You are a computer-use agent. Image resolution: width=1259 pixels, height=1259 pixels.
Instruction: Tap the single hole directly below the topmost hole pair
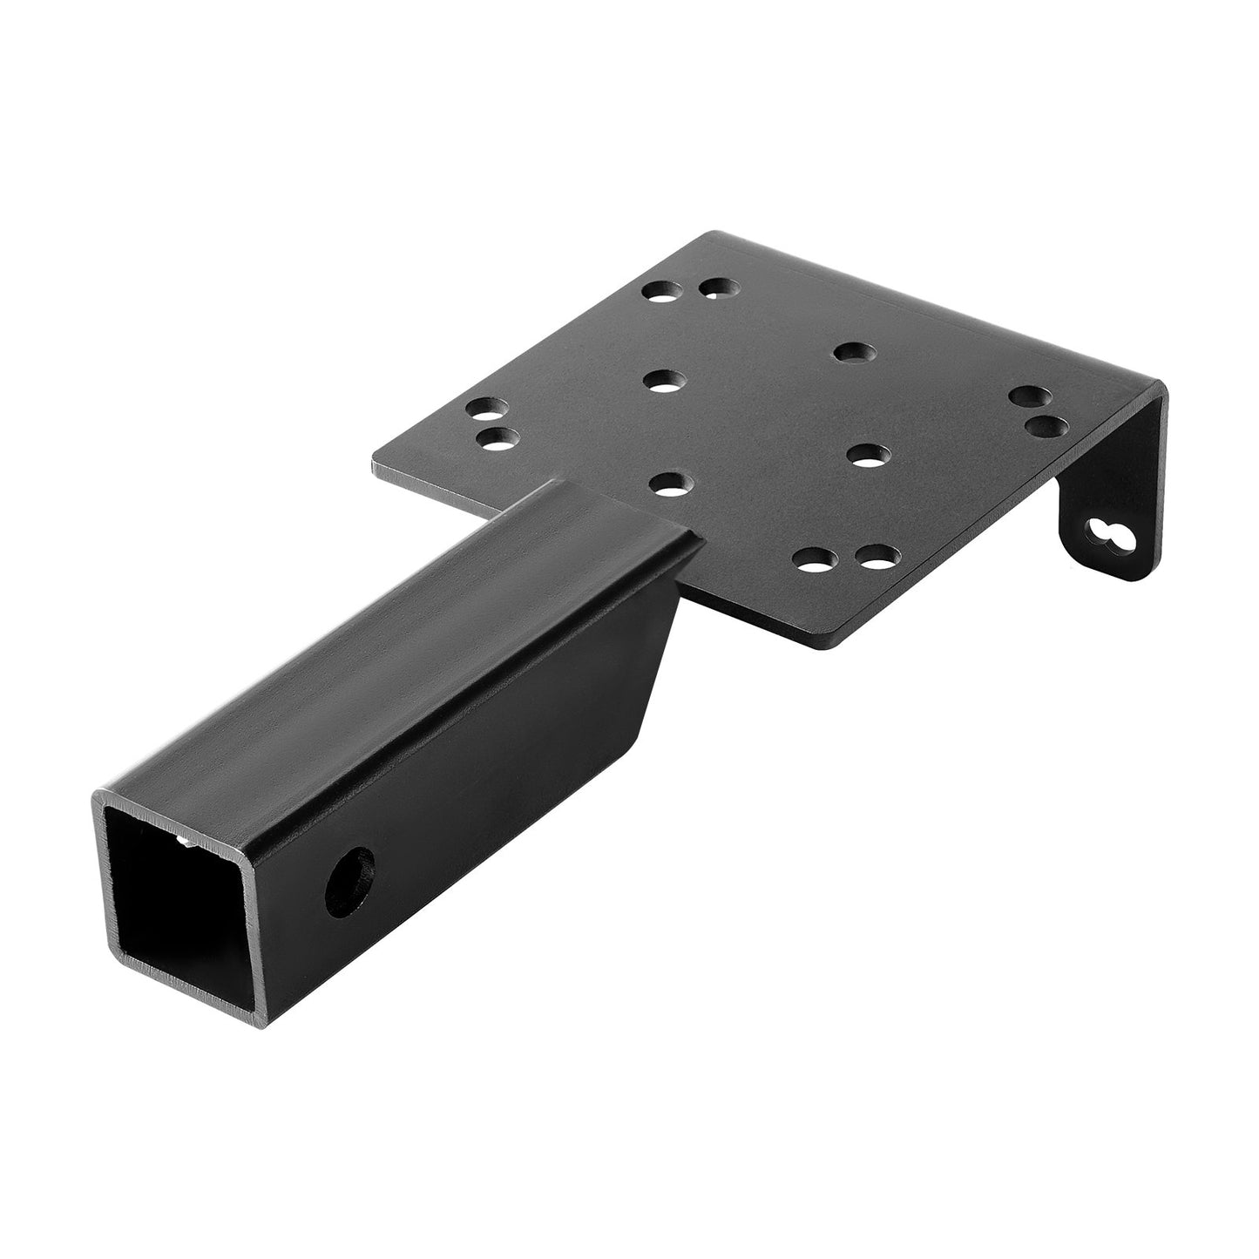(x=664, y=380)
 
